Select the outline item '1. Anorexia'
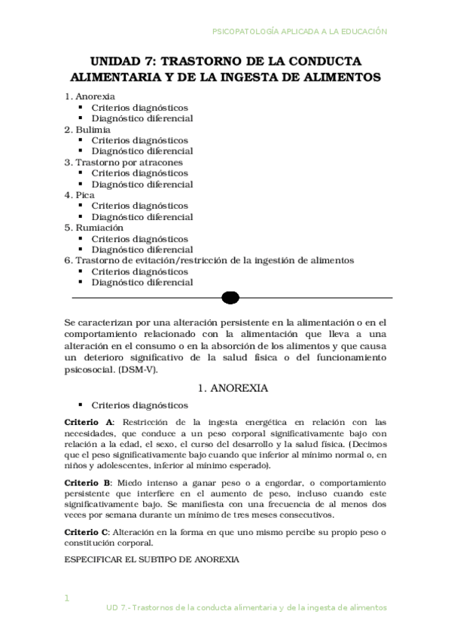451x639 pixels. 90,97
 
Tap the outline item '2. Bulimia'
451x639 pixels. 88,130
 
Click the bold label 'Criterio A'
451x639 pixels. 89,422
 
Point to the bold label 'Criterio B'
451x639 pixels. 89,482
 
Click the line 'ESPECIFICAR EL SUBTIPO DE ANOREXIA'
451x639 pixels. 152,560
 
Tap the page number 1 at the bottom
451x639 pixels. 67,598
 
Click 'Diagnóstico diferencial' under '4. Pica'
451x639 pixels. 142,217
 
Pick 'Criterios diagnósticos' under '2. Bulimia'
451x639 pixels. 139,140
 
